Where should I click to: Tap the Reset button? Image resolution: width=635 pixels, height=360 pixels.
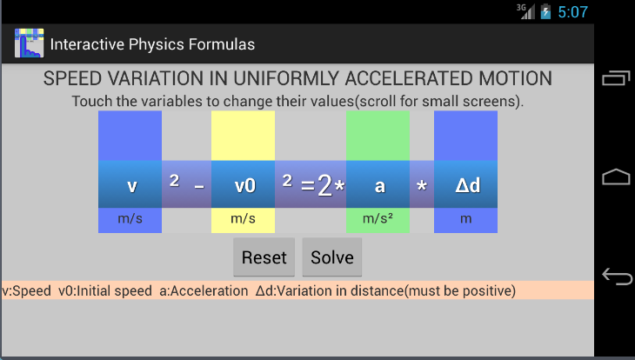[264, 257]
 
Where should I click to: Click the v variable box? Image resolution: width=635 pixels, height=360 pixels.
[130, 184]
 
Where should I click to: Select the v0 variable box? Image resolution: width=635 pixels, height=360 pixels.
[243, 184]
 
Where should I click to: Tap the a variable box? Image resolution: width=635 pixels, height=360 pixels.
[378, 184]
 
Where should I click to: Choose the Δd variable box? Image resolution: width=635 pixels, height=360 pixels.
[465, 184]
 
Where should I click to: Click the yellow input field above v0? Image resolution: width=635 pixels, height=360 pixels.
[243, 136]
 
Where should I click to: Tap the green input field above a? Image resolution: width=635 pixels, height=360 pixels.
[378, 136]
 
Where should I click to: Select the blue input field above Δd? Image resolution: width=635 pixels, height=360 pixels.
[465, 136]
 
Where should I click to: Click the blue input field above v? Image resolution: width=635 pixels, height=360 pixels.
[130, 136]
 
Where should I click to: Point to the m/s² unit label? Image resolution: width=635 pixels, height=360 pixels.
[378, 219]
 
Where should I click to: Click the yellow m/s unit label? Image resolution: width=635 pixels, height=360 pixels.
[243, 219]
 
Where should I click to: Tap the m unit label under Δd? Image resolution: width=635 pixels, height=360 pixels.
[465, 219]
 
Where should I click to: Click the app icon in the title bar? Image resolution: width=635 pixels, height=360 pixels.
[30, 43]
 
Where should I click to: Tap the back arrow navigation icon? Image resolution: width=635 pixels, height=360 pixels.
[617, 277]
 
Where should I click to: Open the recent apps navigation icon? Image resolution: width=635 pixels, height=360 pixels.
[617, 78]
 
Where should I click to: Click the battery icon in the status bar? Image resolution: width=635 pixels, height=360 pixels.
[545, 11]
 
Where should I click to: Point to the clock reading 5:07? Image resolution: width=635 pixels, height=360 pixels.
[572, 12]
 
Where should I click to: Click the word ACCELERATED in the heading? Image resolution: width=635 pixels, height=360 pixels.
[409, 78]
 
